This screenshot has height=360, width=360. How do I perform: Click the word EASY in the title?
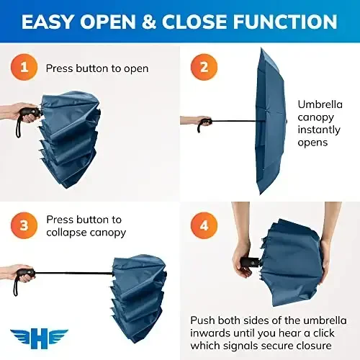click(55, 21)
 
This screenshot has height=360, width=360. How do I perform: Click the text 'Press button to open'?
click(97, 68)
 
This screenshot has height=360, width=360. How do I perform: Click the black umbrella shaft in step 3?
click(72, 274)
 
